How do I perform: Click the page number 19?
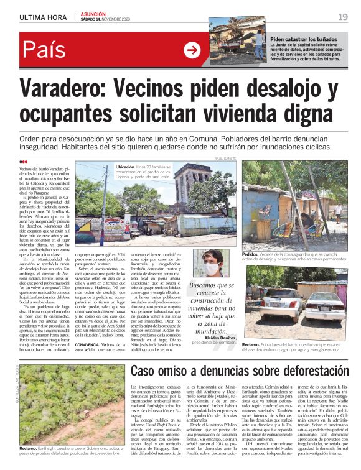click(x=342, y=17)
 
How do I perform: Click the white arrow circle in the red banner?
click(x=192, y=50)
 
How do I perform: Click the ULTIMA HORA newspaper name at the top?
click(x=44, y=17)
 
